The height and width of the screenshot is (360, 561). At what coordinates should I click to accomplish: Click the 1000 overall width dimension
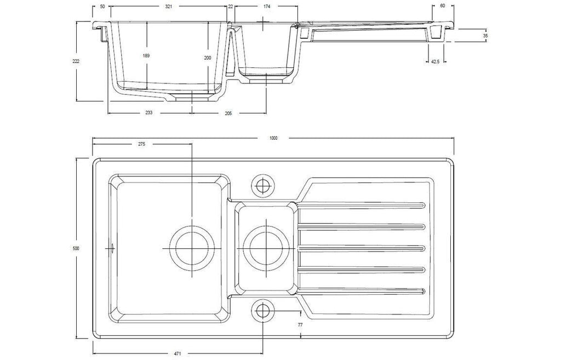coord(273,138)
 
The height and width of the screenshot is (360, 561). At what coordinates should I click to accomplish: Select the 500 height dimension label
coord(76,248)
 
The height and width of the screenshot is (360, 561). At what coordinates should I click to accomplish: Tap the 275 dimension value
coord(142,144)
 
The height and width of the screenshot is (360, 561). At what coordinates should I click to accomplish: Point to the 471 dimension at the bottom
coord(178,354)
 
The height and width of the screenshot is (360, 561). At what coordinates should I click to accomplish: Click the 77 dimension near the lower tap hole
coord(300,325)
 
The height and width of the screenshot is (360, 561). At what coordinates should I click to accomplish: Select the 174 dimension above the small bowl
coord(267,7)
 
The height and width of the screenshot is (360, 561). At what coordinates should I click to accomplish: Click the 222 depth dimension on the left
coord(76,61)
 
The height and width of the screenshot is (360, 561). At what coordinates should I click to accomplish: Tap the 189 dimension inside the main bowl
coord(146,55)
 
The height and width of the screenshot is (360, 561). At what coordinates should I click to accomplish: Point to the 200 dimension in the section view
coord(208,58)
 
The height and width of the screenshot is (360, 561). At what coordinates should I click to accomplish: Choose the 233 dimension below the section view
coord(149,113)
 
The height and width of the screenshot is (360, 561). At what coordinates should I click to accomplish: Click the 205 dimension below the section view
coord(228,113)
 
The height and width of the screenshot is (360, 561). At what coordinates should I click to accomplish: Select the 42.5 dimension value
coord(435,61)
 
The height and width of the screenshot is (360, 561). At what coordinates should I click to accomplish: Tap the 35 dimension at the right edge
coord(485,36)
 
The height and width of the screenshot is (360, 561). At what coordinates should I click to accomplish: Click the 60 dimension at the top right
coord(443,6)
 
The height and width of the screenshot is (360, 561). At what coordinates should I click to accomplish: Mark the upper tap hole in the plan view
coord(264,185)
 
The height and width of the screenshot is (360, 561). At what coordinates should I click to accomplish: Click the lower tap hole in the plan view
coord(264,310)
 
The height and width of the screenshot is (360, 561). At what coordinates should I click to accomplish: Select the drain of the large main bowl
coord(192,248)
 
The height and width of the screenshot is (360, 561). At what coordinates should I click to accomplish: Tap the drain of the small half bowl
coord(267,248)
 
